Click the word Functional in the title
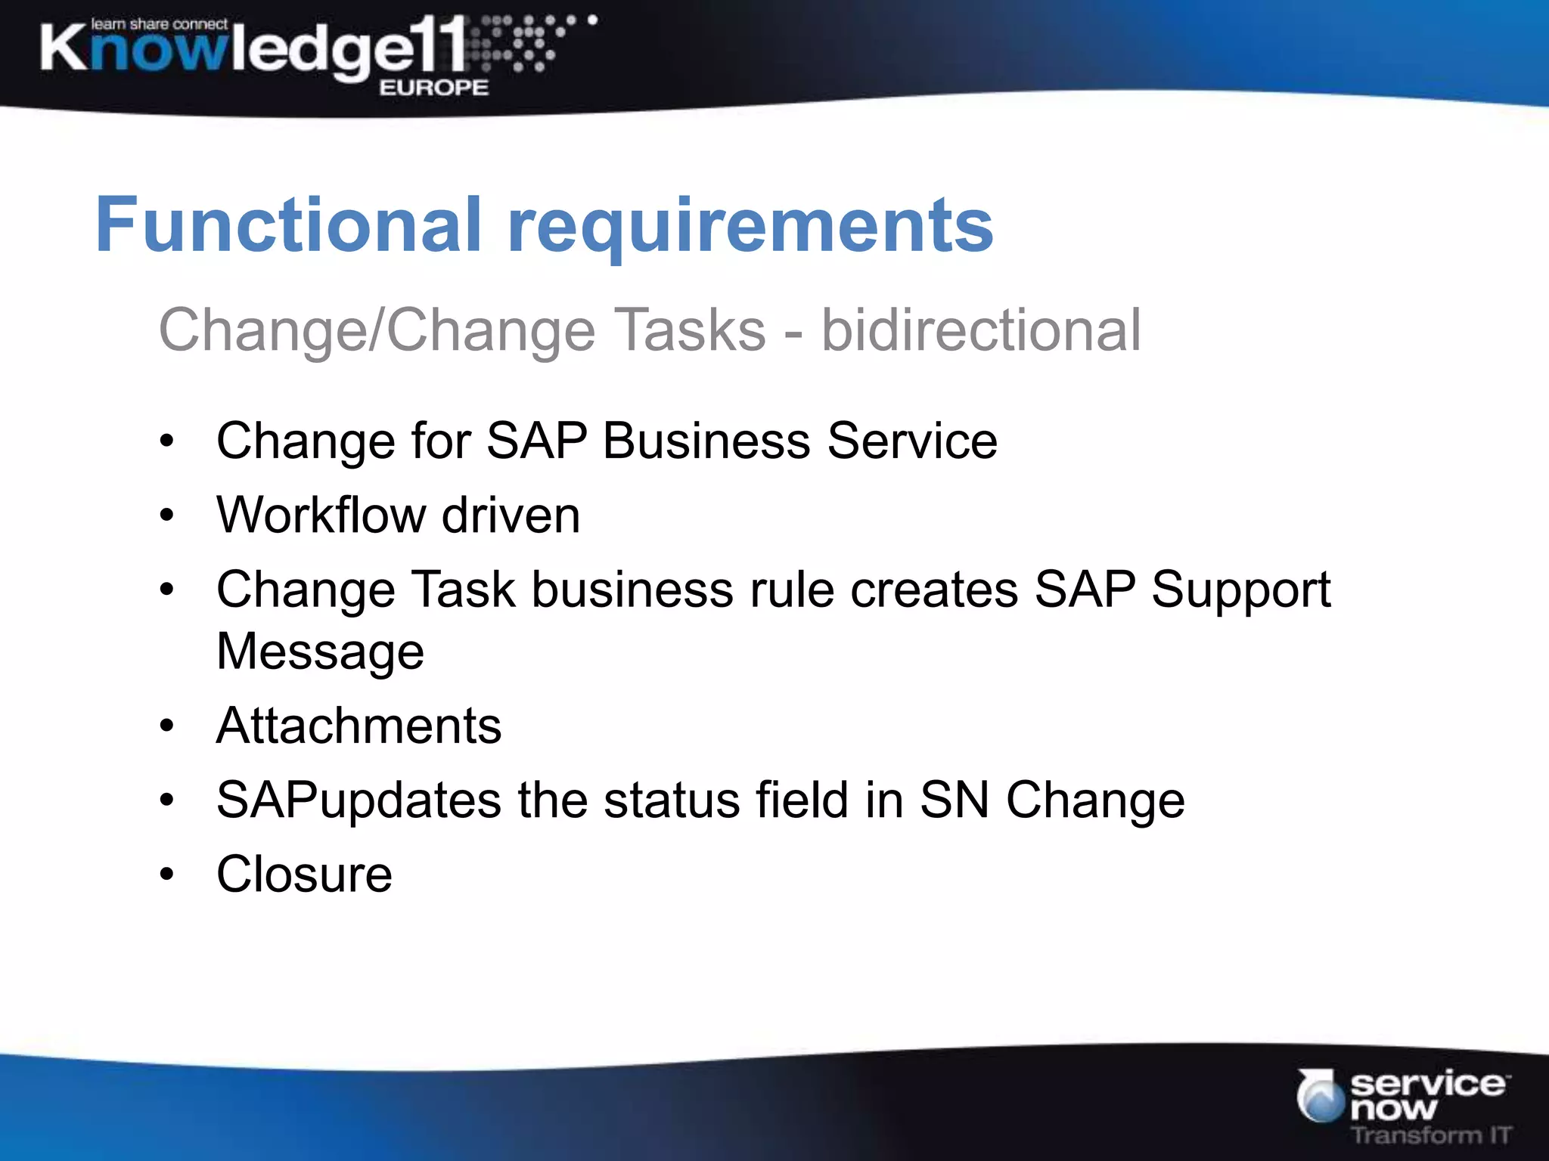pos(288,224)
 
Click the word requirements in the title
pos(750,227)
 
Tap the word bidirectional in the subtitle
pos(981,330)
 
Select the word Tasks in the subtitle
pos(690,330)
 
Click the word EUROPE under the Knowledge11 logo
pos(433,88)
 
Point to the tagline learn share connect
pos(159,24)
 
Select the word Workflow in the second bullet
pos(321,515)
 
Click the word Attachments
pos(359,726)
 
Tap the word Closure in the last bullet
pos(304,875)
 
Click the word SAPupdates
pos(359,800)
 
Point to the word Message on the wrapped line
pos(320,652)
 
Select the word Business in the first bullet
pos(706,441)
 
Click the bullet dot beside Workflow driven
pos(167,516)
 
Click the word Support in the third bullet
pos(1240,590)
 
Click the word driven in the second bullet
pos(511,515)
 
